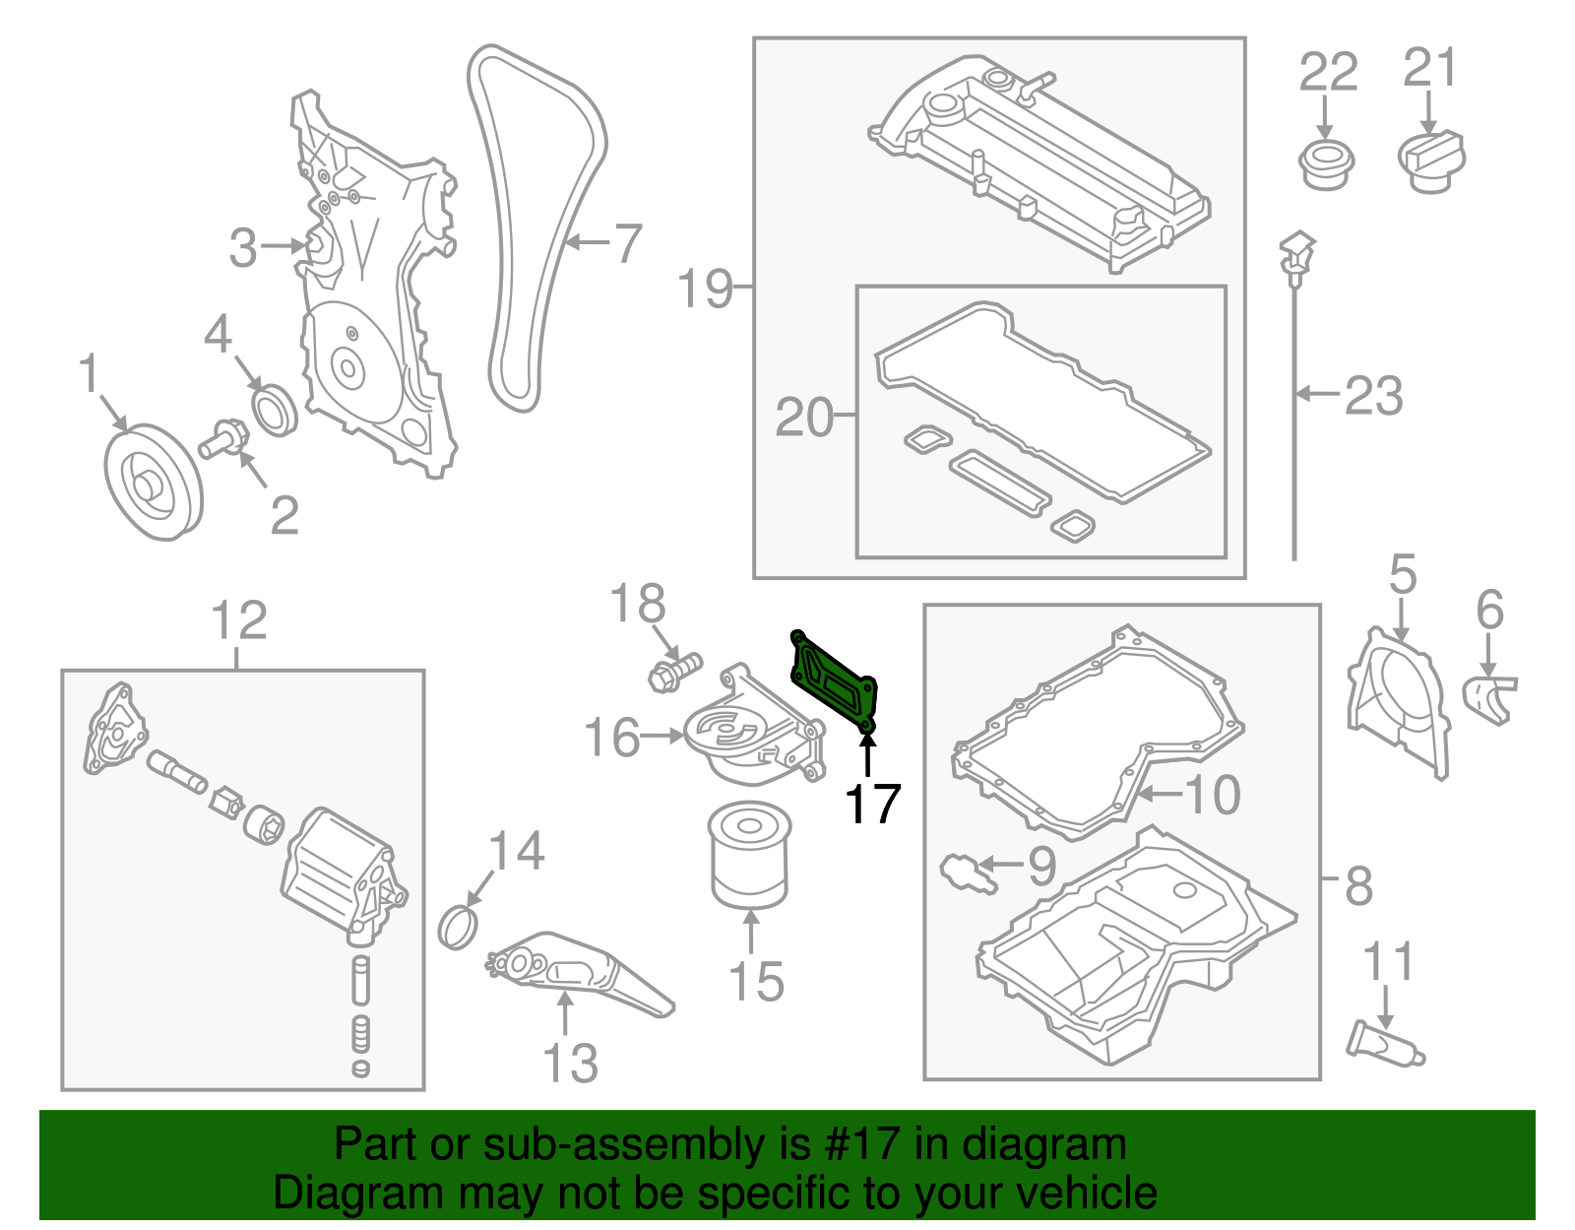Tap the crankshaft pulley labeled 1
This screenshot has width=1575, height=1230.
[153, 483]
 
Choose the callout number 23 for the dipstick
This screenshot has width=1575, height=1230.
[1373, 395]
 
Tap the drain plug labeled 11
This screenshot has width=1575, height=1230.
[1383, 1044]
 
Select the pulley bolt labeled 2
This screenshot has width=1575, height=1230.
[222, 438]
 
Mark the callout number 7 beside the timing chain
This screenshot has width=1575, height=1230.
[627, 242]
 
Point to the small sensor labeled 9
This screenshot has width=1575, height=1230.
[969, 872]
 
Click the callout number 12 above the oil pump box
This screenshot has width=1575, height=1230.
[239, 620]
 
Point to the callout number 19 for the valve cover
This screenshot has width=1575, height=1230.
[705, 289]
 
